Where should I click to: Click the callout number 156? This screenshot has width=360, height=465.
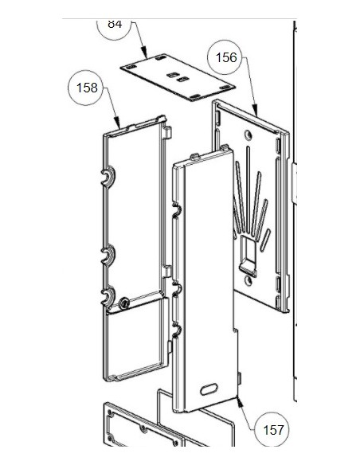226,57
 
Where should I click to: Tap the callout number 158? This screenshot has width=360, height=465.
87,88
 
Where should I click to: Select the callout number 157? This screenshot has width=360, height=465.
273,430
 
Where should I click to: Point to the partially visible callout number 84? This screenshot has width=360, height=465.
115,24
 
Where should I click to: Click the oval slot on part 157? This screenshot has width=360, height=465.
209,389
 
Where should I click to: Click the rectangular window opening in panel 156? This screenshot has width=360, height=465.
248,251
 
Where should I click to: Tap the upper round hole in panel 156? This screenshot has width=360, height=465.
248,135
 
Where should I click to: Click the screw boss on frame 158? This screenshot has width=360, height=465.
124,303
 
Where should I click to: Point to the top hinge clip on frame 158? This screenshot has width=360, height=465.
108,177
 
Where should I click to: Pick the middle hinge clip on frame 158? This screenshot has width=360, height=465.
108,255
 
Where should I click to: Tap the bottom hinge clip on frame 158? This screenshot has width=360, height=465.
108,296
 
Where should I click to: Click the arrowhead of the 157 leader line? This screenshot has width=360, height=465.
239,401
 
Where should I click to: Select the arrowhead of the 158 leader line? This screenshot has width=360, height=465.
118,124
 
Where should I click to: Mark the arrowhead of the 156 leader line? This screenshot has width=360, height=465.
256,111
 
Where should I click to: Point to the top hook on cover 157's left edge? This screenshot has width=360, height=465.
177,210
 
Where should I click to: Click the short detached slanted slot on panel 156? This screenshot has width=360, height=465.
265,240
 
